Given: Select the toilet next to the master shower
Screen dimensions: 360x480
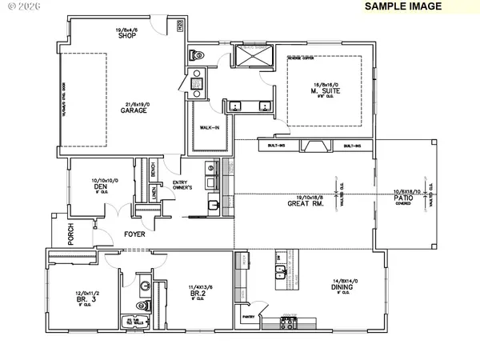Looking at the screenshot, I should pyautogui.click(x=197, y=56).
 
